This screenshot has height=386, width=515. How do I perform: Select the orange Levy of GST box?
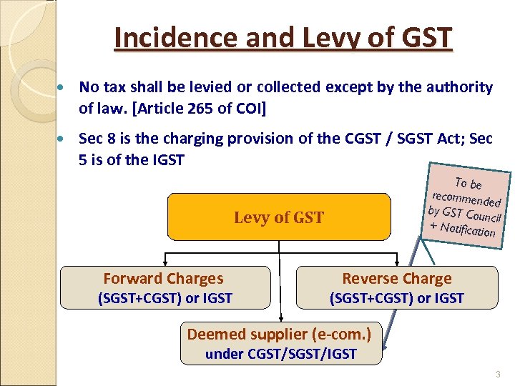click(x=279, y=217)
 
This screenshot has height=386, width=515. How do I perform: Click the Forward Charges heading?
click(x=163, y=279)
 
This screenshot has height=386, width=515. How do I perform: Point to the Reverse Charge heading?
click(x=397, y=279)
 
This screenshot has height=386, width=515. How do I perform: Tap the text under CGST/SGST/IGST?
click(x=280, y=354)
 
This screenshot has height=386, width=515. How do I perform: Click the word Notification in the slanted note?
click(x=468, y=229)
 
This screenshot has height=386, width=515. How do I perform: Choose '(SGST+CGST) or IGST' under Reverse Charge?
click(x=397, y=298)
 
